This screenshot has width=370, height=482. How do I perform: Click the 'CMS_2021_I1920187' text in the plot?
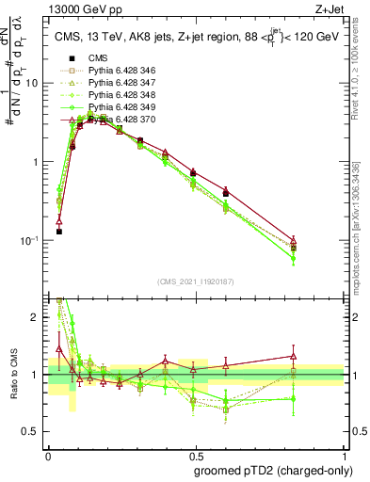point(195,281)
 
